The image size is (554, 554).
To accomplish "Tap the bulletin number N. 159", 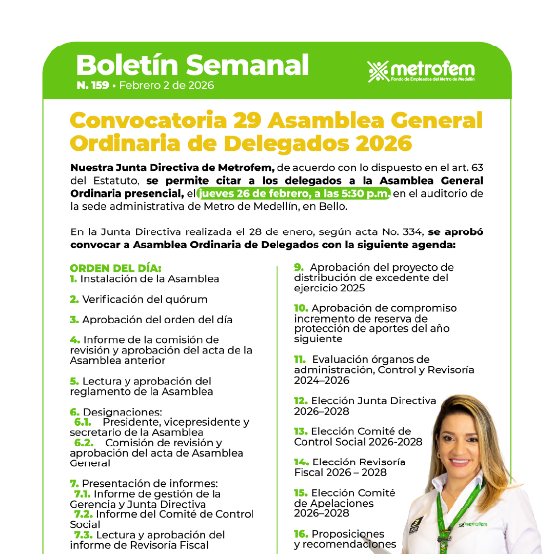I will [92, 85].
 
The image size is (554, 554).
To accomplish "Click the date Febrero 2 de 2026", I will [167, 85].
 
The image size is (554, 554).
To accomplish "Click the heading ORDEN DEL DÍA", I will [115, 268].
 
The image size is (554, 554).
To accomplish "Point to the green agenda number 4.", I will [75, 340].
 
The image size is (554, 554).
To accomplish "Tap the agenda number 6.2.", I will [84, 443].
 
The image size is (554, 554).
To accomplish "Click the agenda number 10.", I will [301, 308].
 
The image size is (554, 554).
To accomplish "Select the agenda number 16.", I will [301, 534].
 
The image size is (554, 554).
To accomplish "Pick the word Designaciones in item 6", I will [123, 412].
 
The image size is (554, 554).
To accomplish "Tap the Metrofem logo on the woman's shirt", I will [472, 524].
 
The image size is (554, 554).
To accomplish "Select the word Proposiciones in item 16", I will [348, 534].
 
